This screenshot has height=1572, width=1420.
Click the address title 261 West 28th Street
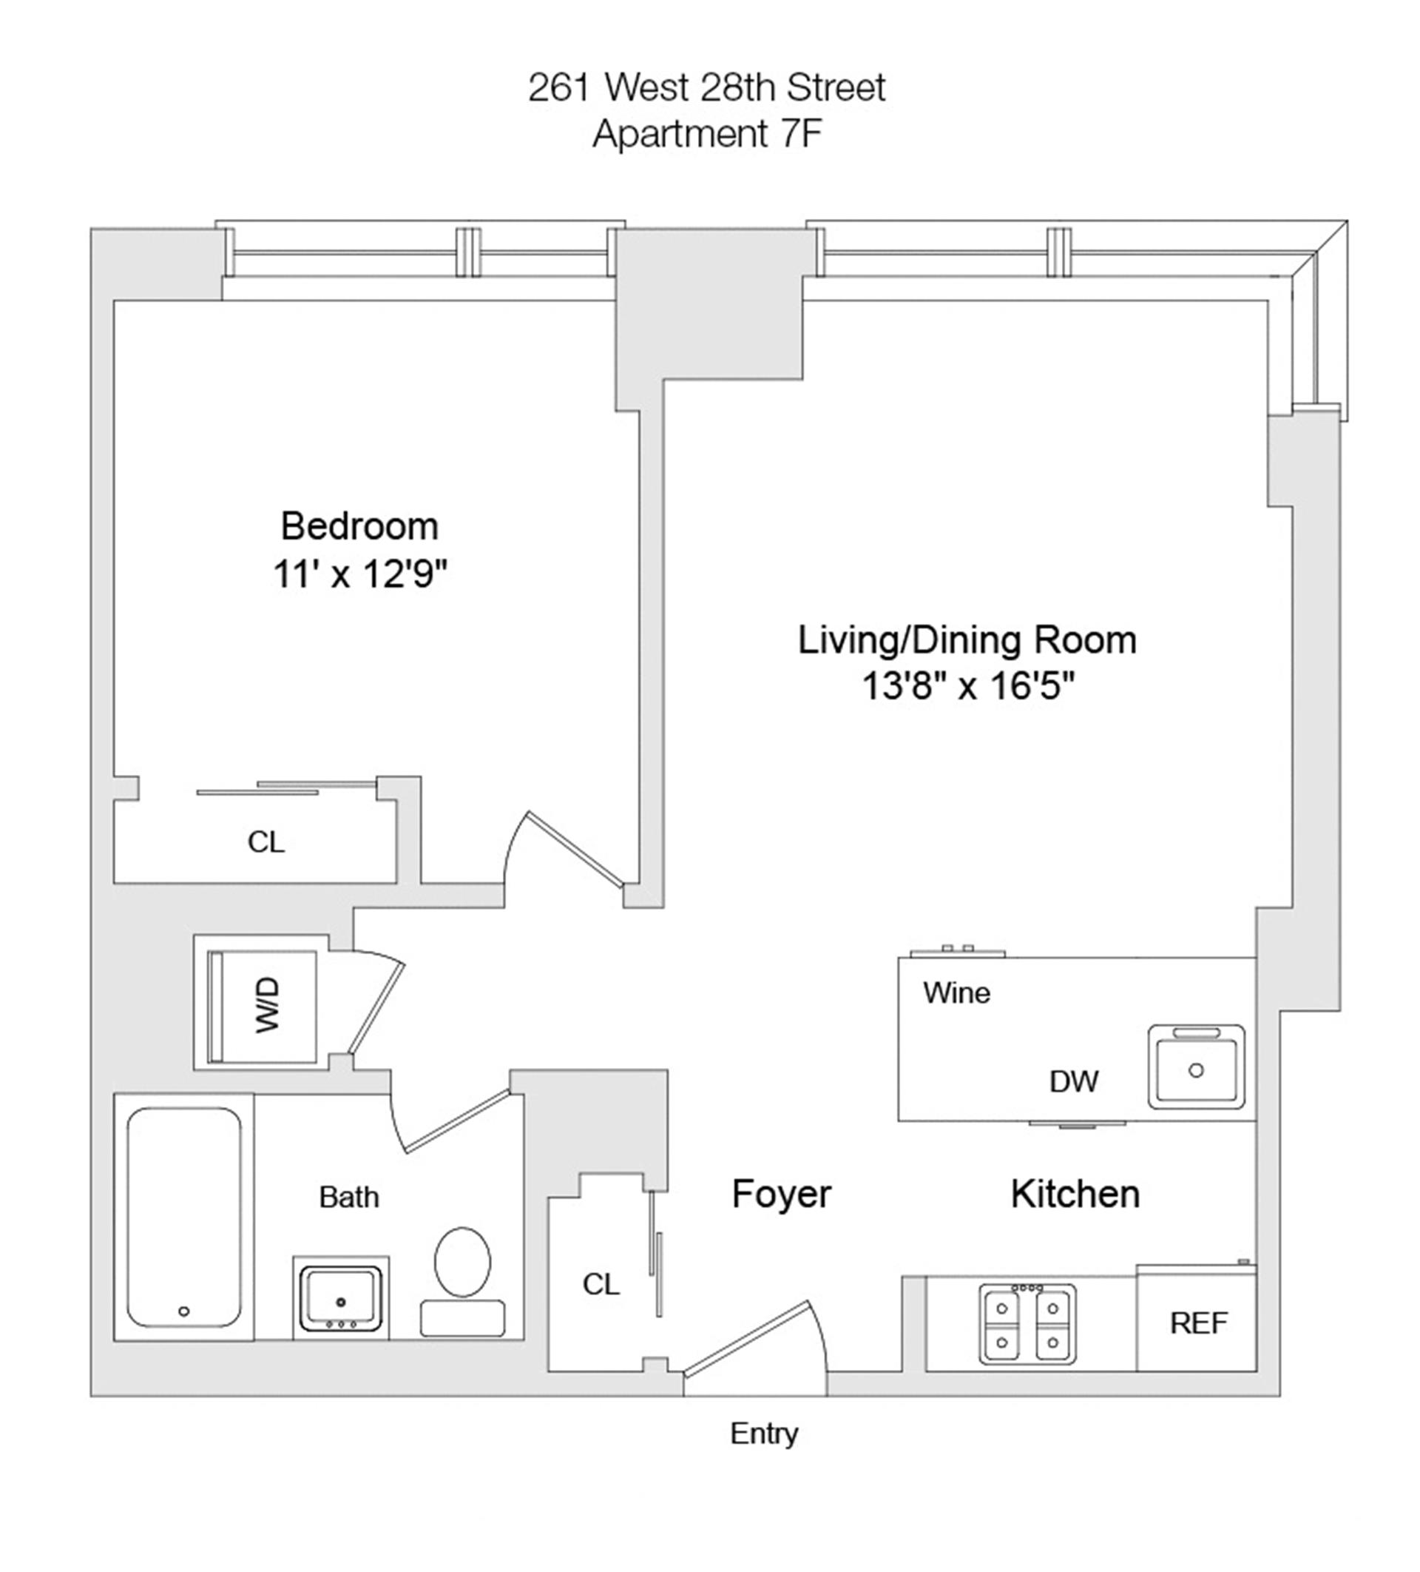[x=706, y=87]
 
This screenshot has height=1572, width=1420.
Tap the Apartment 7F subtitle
[x=706, y=134]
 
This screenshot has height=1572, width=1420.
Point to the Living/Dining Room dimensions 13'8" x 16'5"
[x=967, y=687]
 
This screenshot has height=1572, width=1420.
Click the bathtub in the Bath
[x=184, y=1217]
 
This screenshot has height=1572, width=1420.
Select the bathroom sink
[x=341, y=1298]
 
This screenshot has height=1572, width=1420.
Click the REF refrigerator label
[x=1198, y=1323]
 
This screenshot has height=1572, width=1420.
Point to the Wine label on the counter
[x=956, y=992]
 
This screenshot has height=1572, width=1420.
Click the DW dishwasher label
[x=1073, y=1081]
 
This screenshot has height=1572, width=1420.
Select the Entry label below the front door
[x=764, y=1433]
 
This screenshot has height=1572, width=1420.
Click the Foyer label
[x=781, y=1194]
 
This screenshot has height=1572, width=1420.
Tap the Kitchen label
[x=1075, y=1194]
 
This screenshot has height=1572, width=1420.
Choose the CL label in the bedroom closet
[x=266, y=842]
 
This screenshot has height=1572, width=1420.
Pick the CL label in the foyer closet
[x=601, y=1284]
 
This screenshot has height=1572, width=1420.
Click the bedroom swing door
[x=575, y=850]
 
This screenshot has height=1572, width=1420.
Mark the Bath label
[x=348, y=1197]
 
